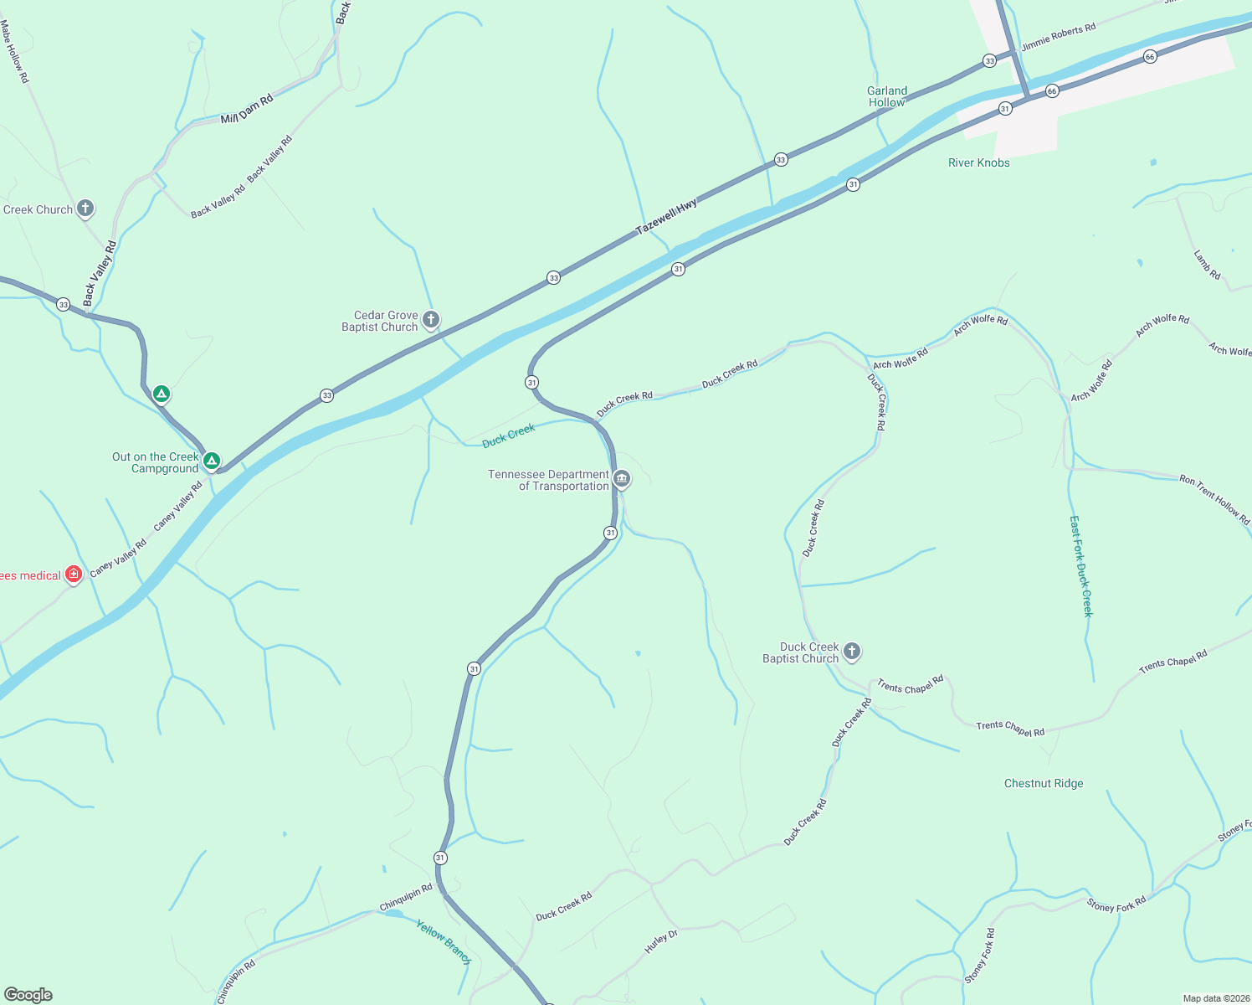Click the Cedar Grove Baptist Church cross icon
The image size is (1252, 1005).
click(431, 319)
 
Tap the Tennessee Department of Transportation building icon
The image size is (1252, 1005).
click(621, 478)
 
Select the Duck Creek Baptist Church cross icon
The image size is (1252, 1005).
click(852, 651)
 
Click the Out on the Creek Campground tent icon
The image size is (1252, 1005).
click(212, 460)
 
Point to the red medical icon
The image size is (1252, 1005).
click(74, 574)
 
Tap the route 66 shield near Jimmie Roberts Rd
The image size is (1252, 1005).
click(1150, 57)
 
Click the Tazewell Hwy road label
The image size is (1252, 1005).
click(666, 217)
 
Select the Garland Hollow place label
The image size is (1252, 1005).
click(887, 96)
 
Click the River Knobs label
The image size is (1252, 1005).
click(978, 162)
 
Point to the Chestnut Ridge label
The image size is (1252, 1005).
click(1044, 783)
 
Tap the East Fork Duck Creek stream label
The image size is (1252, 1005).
click(1081, 566)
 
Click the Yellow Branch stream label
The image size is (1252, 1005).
click(444, 941)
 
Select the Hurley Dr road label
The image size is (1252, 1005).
click(660, 941)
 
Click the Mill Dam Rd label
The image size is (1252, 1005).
click(247, 110)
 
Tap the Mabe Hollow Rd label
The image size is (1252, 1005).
click(15, 52)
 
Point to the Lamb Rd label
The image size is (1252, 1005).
click(1207, 265)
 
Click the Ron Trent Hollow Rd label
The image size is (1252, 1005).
click(1214, 500)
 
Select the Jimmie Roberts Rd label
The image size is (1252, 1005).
click(1059, 37)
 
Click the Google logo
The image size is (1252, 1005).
click(28, 994)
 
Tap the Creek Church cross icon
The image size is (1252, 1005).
click(85, 209)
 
